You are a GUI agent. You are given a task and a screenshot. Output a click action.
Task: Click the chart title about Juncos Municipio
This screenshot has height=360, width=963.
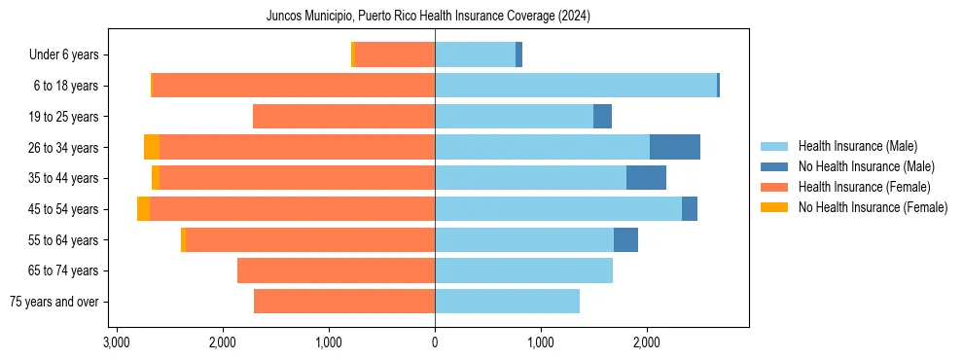[x=428, y=17]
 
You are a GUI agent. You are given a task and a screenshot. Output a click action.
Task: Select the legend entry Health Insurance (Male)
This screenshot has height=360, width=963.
[x=856, y=146]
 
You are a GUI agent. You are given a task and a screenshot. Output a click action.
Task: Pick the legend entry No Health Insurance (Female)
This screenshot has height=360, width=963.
[x=873, y=207]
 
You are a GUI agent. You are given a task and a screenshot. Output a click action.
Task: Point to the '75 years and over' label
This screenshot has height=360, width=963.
[x=53, y=302]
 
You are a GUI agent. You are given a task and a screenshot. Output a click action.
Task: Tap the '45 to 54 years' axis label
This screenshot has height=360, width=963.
[x=62, y=209]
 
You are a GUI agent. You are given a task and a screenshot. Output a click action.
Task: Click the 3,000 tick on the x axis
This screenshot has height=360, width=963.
[x=116, y=343]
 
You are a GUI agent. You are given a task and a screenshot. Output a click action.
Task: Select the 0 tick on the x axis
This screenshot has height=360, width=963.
[x=435, y=343]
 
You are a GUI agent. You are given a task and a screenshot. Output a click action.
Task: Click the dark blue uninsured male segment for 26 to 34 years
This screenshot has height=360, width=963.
[x=675, y=147]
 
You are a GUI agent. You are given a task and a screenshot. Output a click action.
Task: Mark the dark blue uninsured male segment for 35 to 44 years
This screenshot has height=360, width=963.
[x=646, y=178]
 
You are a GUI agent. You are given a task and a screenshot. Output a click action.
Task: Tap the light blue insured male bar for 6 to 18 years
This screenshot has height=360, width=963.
[x=576, y=86]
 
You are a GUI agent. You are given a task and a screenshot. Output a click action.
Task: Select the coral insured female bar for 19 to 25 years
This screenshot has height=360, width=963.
[x=343, y=117]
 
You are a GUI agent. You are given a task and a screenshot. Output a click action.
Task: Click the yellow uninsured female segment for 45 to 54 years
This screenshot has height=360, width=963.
[x=144, y=209]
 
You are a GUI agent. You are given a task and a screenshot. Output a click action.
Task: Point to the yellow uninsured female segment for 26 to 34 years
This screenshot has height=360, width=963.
[x=152, y=147]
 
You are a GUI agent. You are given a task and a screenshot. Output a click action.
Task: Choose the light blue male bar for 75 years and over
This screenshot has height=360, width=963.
[x=507, y=302]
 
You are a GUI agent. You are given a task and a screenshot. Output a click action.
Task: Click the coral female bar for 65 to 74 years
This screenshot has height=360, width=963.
[x=336, y=270]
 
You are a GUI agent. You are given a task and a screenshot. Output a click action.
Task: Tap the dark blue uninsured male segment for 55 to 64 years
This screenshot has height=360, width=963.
[x=625, y=239]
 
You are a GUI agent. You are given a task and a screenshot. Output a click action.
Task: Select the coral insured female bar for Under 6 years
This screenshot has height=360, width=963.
[x=395, y=55]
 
